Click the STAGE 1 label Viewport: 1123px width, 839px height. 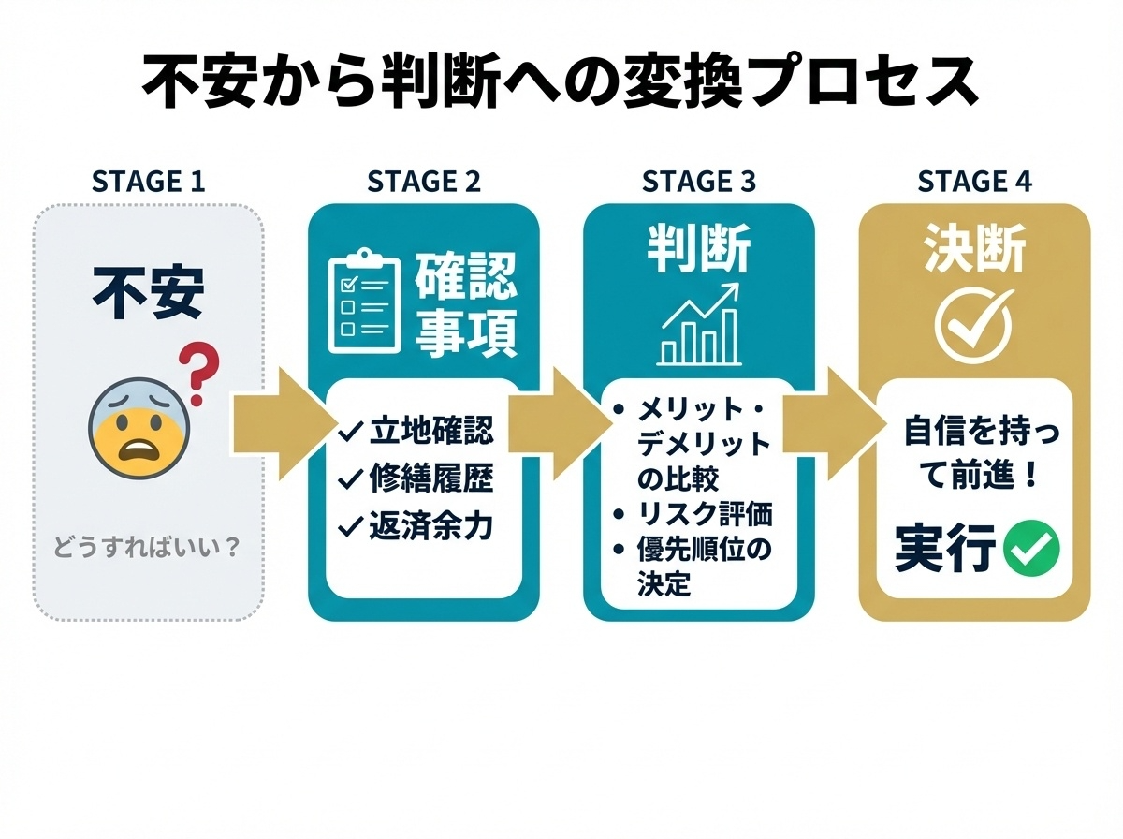[148, 181]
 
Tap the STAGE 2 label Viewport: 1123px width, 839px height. [424, 181]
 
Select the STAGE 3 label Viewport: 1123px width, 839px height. [699, 181]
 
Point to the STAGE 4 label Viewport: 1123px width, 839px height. [974, 181]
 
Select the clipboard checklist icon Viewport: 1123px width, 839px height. [363, 302]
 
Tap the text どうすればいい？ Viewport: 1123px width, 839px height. [148, 547]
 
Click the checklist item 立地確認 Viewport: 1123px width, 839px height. [418, 432]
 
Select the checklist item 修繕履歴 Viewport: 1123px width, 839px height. [418, 479]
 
